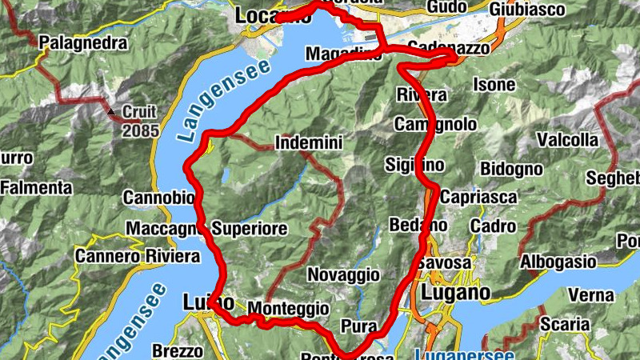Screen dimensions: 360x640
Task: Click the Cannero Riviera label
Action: (137, 257)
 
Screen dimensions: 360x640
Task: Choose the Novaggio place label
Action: (343, 274)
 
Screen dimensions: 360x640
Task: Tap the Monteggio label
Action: (288, 308)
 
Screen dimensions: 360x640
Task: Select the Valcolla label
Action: (567, 140)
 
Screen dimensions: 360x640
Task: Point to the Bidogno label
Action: (511, 169)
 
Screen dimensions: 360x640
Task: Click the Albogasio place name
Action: (558, 262)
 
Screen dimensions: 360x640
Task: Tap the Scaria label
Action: (565, 325)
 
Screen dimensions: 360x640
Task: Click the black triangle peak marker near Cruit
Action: (112, 111)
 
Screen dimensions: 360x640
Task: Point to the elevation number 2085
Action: (141, 130)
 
